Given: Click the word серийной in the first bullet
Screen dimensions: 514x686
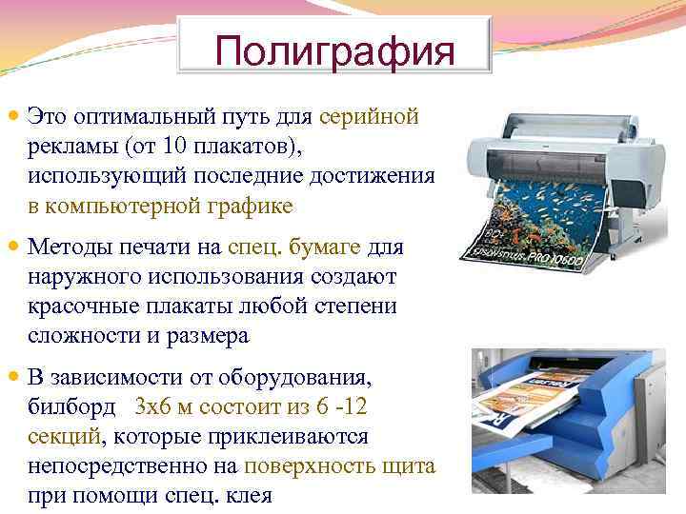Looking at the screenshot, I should [369, 117].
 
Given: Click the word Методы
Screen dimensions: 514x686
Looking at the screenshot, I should [71, 247].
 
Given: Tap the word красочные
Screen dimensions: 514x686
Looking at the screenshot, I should [82, 306].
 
